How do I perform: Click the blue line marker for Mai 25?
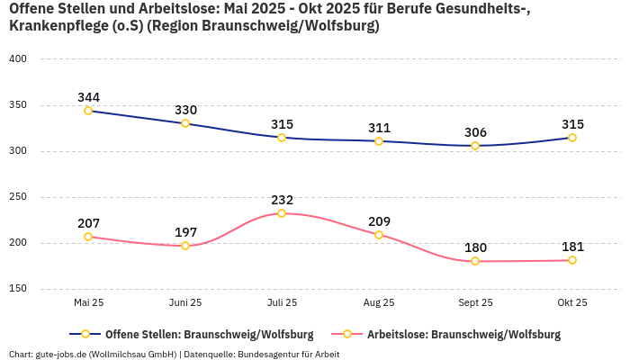tap(88, 111)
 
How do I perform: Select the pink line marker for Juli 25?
tap(282, 213)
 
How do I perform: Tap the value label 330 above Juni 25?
tap(185, 110)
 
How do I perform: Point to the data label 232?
tap(282, 200)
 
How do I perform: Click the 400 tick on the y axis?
tap(18, 59)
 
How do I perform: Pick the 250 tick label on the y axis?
tap(18, 197)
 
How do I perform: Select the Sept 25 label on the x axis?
tap(475, 303)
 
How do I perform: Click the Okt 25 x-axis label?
tap(571, 303)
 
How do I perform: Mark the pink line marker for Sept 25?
tap(475, 261)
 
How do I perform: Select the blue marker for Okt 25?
tap(571, 138)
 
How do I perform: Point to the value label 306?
tap(475, 132)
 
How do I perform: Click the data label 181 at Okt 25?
tap(571, 247)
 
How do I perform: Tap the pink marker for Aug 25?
tap(379, 235)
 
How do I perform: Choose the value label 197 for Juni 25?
tap(185, 232)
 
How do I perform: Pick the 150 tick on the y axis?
tap(18, 289)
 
